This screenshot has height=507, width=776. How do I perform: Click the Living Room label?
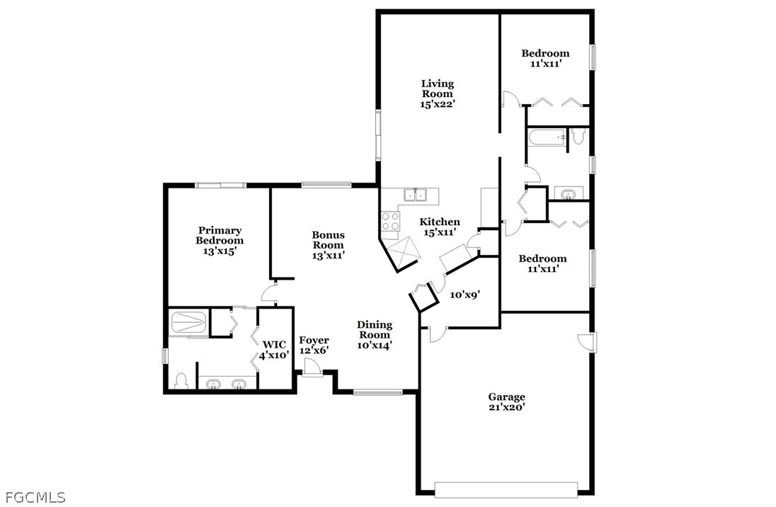coord(438,93)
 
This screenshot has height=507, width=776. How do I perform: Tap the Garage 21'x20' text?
coord(506,401)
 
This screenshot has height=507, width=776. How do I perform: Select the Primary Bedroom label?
coord(219,240)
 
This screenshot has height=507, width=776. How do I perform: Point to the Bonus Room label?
coord(328,245)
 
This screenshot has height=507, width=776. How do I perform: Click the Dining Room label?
coord(375,335)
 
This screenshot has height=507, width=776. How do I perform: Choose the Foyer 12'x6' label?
coord(314,345)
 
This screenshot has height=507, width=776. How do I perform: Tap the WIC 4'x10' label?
coord(274,350)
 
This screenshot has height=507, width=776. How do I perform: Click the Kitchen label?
coord(440,227)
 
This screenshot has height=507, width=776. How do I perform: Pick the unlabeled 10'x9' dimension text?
coord(464,295)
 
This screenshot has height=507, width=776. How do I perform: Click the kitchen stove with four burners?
coord(390,221)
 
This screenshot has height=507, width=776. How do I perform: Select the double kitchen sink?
coord(416,195)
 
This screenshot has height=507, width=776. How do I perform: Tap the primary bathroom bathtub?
coord(188,322)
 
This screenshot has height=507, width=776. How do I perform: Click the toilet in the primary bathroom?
coord(181,381)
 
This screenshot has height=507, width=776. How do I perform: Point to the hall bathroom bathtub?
coord(547,137)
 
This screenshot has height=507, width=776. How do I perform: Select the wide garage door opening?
coord(506,490)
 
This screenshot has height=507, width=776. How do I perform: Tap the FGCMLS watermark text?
coord(33,497)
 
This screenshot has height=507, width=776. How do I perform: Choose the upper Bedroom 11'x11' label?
coord(545,59)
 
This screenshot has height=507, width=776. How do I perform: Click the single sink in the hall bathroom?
coord(568,193)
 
